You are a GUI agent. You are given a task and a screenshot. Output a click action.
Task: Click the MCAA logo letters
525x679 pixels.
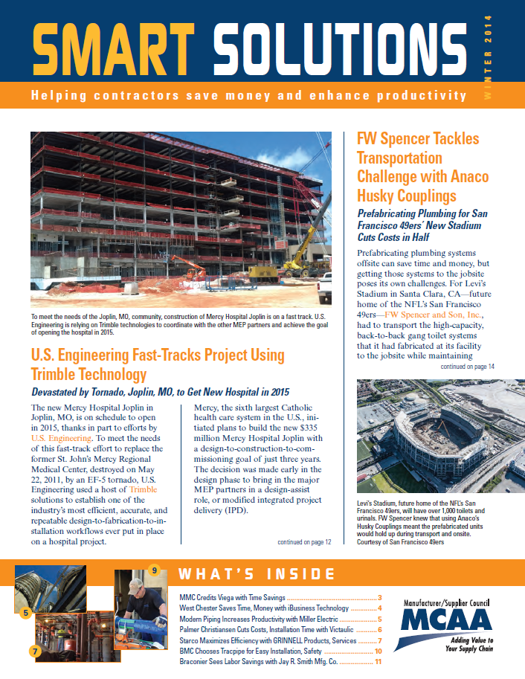point(447,619)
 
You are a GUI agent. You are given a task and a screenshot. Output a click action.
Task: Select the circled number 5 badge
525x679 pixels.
point(25,614)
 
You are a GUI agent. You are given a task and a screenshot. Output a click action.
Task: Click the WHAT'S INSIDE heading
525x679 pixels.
point(254,573)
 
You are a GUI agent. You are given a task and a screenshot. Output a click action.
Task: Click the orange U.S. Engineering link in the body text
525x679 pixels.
point(62,439)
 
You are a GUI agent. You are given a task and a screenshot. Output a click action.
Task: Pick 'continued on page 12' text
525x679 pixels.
point(304,542)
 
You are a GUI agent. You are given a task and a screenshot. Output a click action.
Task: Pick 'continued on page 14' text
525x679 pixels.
point(467,367)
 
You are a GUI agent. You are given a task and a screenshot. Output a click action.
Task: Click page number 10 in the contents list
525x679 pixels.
point(377,651)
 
